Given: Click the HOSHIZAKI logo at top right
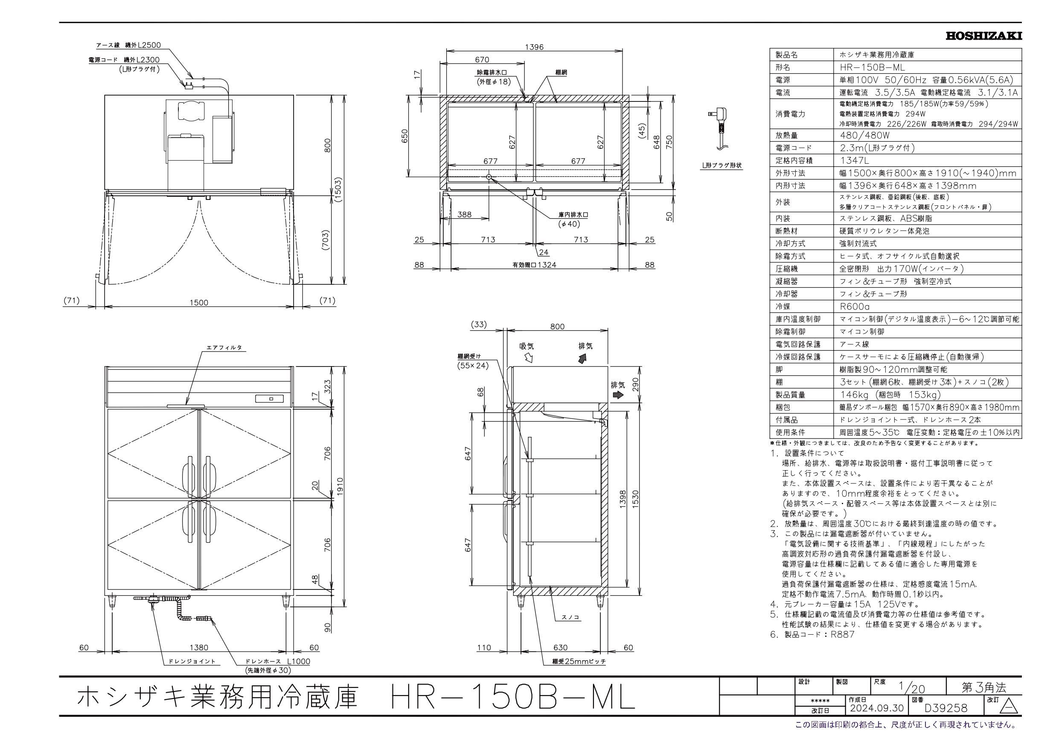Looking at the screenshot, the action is (x=984, y=35).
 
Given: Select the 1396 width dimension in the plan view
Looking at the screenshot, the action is (x=534, y=47).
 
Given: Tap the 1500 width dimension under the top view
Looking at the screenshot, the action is (x=199, y=302).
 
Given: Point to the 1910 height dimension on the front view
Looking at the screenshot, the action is (x=341, y=485).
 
